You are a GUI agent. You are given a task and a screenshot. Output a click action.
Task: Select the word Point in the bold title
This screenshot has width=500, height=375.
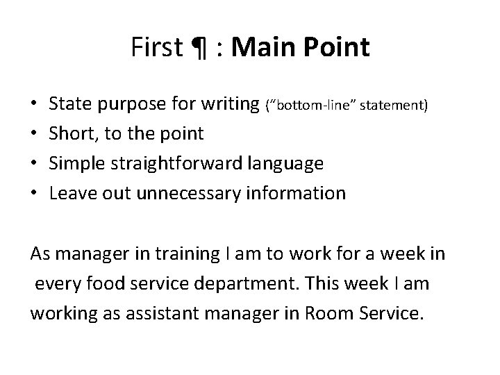(336, 48)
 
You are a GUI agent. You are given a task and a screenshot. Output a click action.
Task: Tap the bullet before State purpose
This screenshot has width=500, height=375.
(34, 105)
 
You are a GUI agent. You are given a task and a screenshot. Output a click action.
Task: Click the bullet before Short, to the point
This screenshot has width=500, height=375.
(34, 134)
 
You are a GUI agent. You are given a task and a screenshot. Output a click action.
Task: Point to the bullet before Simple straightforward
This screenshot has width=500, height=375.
(34, 163)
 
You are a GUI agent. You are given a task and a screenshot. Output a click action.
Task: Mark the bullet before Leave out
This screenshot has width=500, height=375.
(34, 192)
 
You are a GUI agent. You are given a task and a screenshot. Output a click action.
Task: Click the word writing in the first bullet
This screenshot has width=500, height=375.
(229, 105)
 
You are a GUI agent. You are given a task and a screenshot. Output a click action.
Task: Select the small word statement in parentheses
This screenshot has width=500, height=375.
(401, 106)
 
